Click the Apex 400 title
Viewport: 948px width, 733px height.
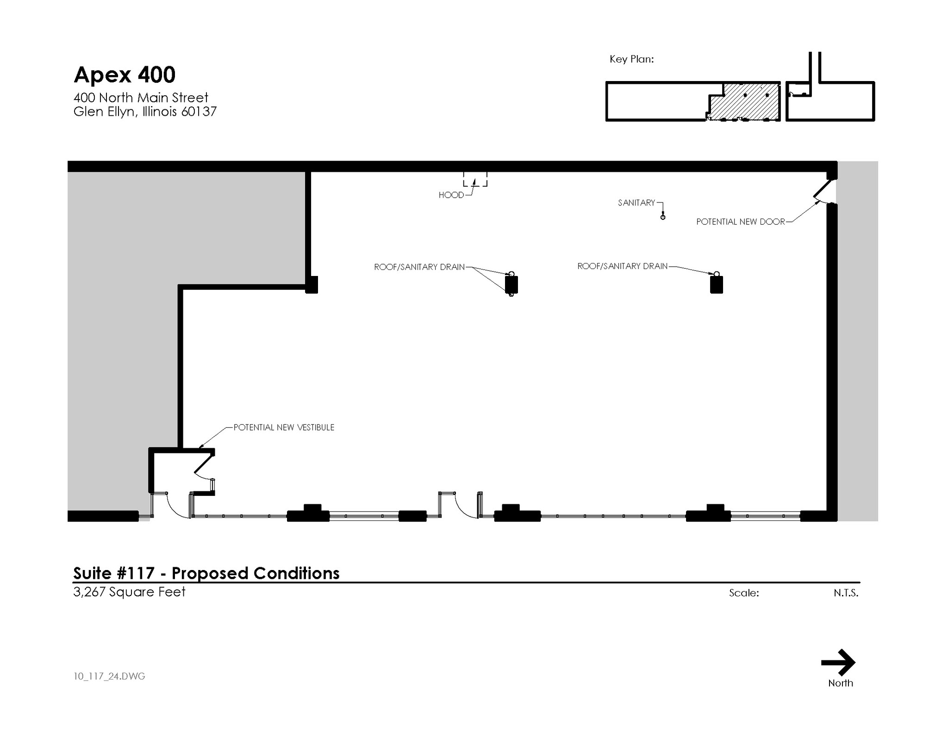(x=125, y=75)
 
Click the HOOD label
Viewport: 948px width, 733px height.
(x=451, y=195)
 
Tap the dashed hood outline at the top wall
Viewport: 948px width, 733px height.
(x=475, y=179)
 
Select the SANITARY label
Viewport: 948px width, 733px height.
(x=636, y=203)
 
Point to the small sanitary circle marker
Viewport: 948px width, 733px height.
(x=663, y=217)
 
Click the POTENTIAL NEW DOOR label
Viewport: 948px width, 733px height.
(x=741, y=222)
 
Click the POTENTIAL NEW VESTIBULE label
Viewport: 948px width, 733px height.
(x=284, y=427)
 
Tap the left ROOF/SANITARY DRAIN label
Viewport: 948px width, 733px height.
(x=419, y=267)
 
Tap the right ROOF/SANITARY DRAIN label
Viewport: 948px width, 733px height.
(x=623, y=266)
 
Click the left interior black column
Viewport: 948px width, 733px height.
(x=511, y=284)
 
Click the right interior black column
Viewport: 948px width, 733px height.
(x=717, y=284)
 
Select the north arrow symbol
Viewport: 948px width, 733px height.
(x=838, y=663)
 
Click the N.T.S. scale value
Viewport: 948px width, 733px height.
(x=846, y=593)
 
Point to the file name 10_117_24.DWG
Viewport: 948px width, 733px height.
(x=109, y=677)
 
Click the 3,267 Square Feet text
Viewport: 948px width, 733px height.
(x=130, y=592)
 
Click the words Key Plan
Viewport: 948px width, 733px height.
(x=631, y=59)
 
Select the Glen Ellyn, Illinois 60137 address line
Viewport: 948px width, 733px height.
(x=145, y=112)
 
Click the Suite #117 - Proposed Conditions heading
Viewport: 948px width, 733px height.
(x=206, y=573)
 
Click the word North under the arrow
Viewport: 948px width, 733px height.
(x=841, y=683)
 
